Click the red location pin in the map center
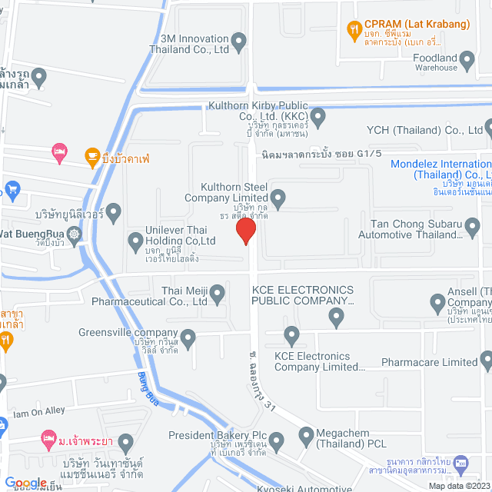[246, 231]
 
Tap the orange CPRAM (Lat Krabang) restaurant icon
[354, 30]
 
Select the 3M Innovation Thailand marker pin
[239, 40]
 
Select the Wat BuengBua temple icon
[74, 234]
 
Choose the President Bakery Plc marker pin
[277, 440]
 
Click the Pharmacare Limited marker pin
[486, 358]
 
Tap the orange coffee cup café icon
[91, 154]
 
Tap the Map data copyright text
[459, 486]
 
